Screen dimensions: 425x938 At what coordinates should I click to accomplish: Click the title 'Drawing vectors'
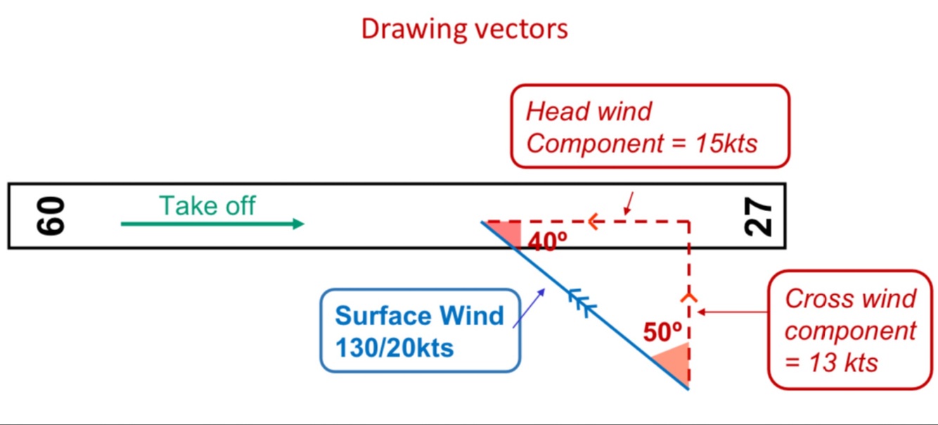[x=464, y=29]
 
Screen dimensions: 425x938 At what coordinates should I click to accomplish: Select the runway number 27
[x=759, y=217]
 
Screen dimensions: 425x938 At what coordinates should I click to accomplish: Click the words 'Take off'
[x=207, y=205]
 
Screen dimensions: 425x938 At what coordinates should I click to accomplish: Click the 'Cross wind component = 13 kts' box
[x=850, y=330]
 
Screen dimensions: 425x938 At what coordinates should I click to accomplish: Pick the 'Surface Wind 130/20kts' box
[x=420, y=329]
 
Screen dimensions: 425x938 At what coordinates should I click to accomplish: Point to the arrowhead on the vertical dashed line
[x=688, y=296]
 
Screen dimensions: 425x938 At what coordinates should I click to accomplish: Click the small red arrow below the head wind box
[x=629, y=203]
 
